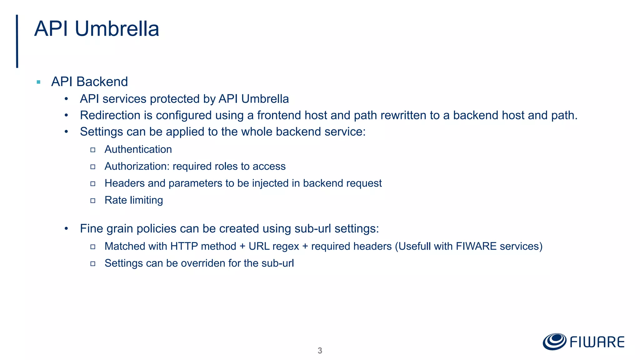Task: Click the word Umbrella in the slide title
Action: [x=117, y=29]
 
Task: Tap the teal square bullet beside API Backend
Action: [x=38, y=82]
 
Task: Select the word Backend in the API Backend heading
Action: [x=102, y=82]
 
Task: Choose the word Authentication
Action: [x=138, y=149]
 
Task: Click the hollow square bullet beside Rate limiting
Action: [x=93, y=200]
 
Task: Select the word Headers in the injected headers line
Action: [x=124, y=183]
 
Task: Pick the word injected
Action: [x=270, y=183]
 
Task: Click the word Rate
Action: [x=116, y=200]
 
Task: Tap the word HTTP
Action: [x=184, y=246]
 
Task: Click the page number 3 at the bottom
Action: [x=320, y=351]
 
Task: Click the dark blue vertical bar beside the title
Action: [x=17, y=41]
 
